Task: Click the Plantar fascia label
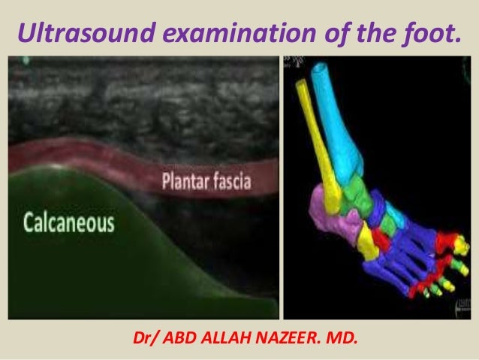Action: (x=207, y=181)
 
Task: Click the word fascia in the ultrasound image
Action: (x=233, y=181)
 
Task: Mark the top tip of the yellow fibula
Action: (x=302, y=83)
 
